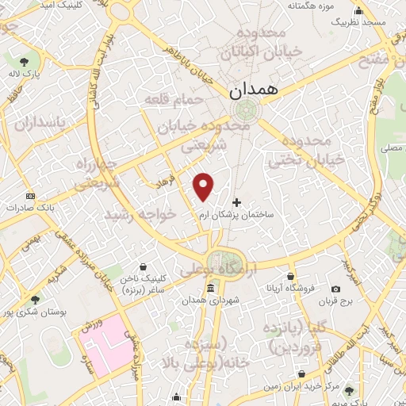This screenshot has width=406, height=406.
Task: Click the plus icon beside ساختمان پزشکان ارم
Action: click(236, 201)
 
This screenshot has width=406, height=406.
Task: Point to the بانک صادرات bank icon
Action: click(30, 195)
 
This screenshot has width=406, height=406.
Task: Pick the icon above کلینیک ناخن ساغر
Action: click(143, 266)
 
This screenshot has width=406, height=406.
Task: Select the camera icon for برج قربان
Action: click(336, 289)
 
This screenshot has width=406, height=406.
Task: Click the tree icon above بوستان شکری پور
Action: click(34, 299)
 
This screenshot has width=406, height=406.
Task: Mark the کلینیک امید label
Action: click(68, 5)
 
